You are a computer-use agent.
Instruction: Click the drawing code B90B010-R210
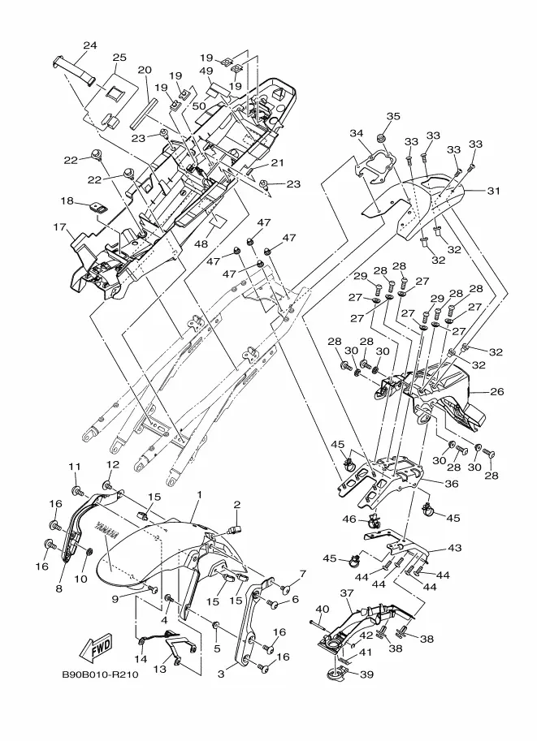[x=99, y=673]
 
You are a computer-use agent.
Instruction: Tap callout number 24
[x=90, y=45]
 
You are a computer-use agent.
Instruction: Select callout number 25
[x=119, y=58]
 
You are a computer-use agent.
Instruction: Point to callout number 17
[x=59, y=228]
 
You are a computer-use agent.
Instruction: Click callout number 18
[x=66, y=200]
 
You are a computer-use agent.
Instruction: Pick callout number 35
[x=393, y=117]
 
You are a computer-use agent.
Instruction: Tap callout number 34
[x=357, y=133]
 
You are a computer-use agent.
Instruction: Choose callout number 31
[x=494, y=192]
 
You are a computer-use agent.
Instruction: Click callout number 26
[x=496, y=392]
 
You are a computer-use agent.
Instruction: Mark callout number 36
[x=451, y=483]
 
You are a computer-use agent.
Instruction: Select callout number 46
[x=349, y=519]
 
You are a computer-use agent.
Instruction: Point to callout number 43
[x=454, y=549]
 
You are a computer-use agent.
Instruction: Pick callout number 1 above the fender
[x=197, y=494]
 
